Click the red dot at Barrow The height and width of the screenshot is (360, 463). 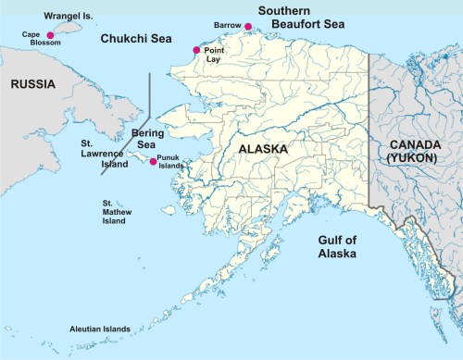(248, 27)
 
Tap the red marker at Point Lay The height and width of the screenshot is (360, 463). (196, 50)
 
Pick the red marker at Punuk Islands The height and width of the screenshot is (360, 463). (153, 162)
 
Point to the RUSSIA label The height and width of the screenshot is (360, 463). (32, 84)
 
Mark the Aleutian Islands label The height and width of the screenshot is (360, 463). (99, 329)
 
